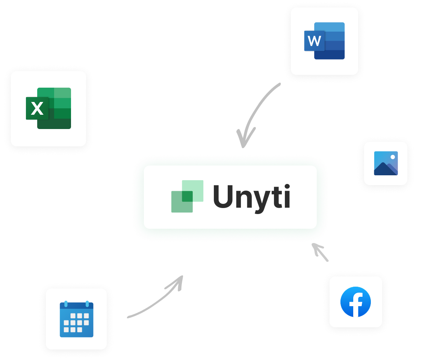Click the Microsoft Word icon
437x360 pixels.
(x=324, y=41)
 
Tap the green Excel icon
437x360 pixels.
(x=48, y=108)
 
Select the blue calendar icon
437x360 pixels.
(x=76, y=319)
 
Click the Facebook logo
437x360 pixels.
(x=355, y=302)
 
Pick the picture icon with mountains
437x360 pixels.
(x=386, y=163)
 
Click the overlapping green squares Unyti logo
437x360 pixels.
(x=187, y=196)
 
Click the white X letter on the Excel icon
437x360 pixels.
(x=37, y=109)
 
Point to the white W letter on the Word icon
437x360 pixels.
(x=314, y=41)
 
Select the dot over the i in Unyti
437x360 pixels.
(x=287, y=187)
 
